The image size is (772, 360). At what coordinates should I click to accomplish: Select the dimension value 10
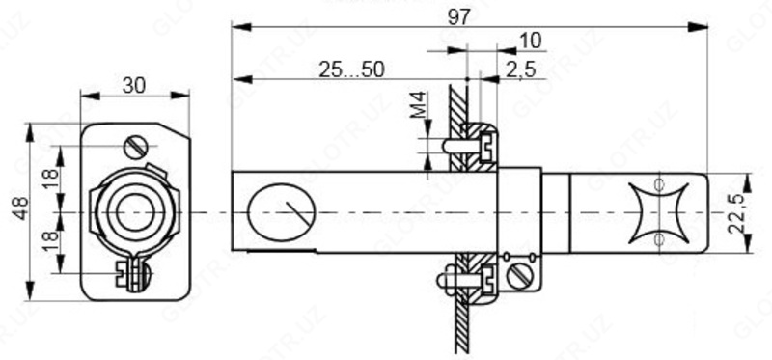coord(530,40)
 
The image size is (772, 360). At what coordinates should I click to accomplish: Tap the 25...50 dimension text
coord(350,69)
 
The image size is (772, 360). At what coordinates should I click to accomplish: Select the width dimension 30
coord(134,85)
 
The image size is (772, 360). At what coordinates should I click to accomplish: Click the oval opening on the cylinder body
coord(283,209)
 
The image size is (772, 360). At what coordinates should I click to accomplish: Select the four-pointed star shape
coord(659,209)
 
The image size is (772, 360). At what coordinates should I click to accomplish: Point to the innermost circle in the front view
coord(134,209)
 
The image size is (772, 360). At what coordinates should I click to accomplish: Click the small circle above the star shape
coord(659,183)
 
